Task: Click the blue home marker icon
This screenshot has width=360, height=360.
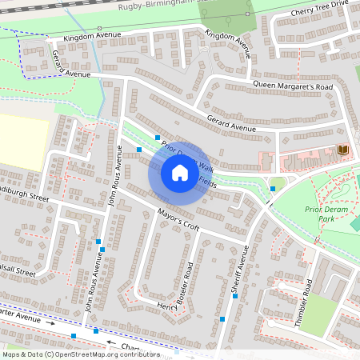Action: click(180, 172)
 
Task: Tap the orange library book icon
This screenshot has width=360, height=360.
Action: click(343, 150)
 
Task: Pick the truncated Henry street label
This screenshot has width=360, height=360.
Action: click(167, 307)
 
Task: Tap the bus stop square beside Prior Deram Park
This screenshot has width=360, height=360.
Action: click(273, 189)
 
